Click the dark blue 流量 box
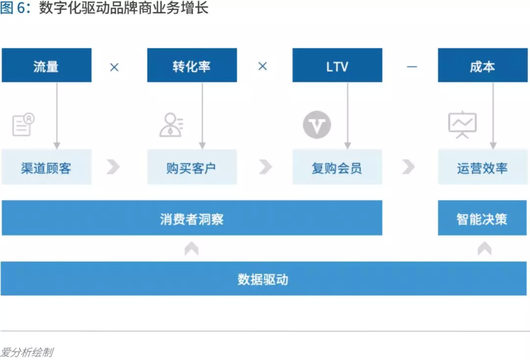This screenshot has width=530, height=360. click(47, 65)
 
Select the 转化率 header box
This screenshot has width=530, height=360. click(192, 65)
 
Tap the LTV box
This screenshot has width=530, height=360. click(337, 65)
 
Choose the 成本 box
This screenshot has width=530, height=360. click(483, 65)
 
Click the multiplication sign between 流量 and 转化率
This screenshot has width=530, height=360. click(114, 67)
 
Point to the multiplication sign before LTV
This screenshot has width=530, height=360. click(263, 66)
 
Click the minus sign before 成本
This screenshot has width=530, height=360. click(412, 66)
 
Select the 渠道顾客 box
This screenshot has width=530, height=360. click(47, 167)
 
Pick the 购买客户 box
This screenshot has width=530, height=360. click(192, 167)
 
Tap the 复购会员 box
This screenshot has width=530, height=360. click(337, 167)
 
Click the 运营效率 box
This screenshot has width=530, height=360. click(483, 167)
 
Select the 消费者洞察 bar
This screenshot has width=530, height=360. click(192, 218)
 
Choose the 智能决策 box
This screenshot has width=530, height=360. click(483, 218)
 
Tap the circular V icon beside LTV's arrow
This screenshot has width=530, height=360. click(317, 125)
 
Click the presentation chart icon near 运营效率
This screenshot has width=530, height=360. click(462, 125)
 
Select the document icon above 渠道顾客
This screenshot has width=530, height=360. click(23, 125)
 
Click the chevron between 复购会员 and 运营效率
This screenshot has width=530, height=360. click(408, 167)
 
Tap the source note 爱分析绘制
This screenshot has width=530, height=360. click(27, 352)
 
